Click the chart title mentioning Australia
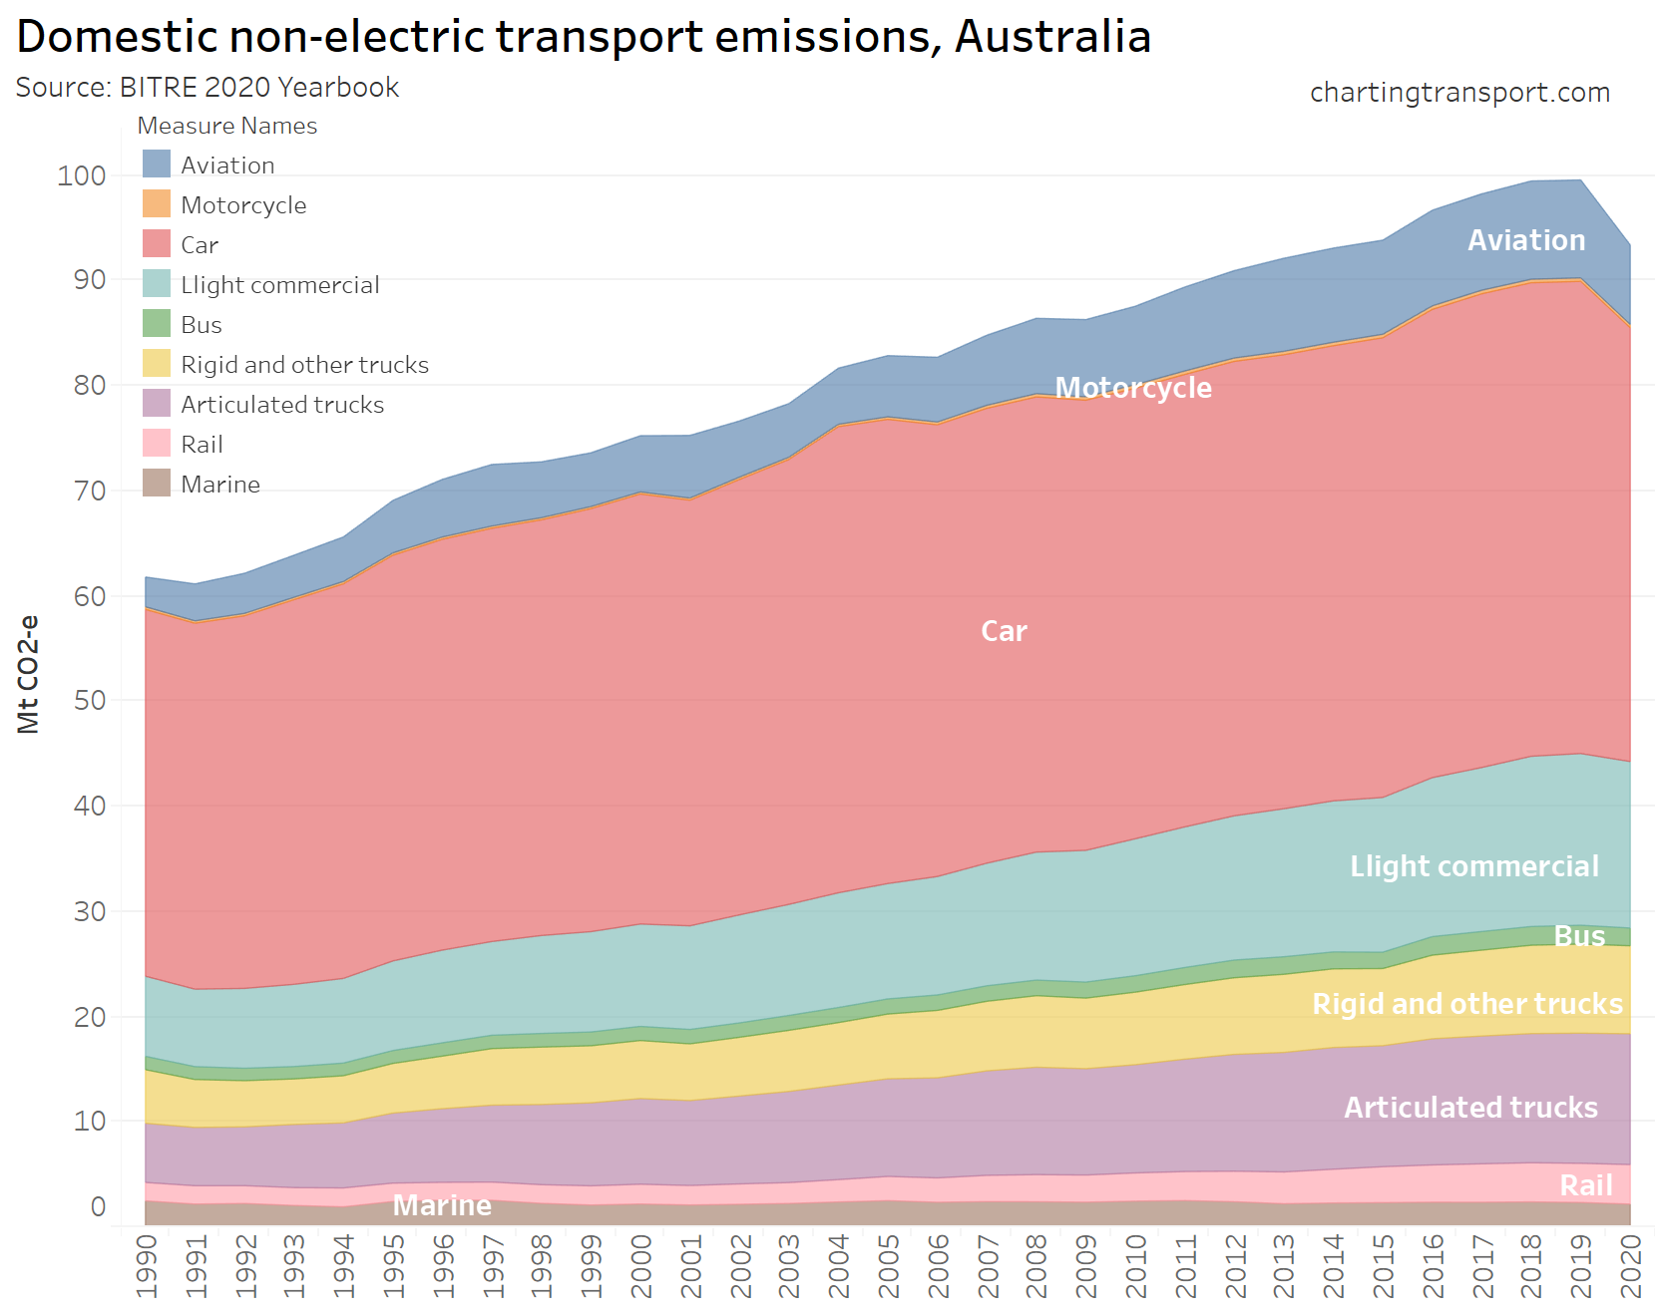click(x=584, y=37)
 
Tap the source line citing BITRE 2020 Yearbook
click(x=207, y=88)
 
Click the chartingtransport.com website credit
click(x=1459, y=93)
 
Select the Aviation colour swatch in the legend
click(x=157, y=164)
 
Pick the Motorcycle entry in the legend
click(x=243, y=205)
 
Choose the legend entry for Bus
click(x=201, y=325)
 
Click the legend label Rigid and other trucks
click(x=304, y=365)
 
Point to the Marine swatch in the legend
click(x=157, y=484)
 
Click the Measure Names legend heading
click(x=226, y=126)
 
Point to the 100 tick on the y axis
click(x=82, y=176)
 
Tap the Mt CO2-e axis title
click(x=29, y=675)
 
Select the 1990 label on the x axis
click(x=147, y=1266)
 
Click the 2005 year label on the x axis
click(x=889, y=1266)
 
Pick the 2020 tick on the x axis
click(x=1631, y=1266)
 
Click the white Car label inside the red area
click(x=1004, y=631)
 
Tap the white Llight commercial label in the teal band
click(x=1473, y=866)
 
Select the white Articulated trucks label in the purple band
click(x=1470, y=1108)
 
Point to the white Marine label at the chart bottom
click(x=442, y=1205)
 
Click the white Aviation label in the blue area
click(x=1526, y=240)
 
